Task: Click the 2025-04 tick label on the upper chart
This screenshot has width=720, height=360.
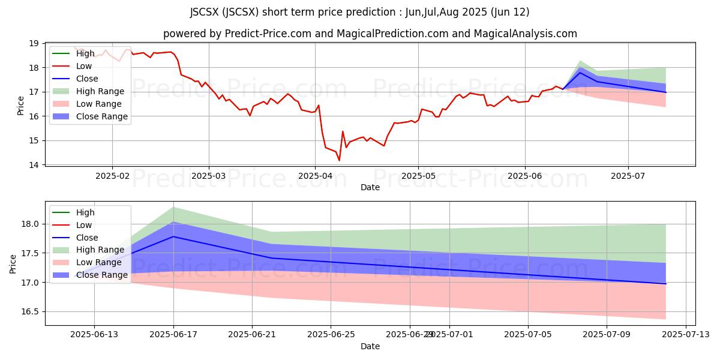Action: pos(315,176)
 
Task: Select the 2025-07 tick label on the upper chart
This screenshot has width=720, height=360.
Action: pos(628,176)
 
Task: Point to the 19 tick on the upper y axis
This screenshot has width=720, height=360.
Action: pos(33,44)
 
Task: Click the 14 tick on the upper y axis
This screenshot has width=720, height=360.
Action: pos(33,165)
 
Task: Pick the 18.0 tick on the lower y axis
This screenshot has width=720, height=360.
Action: pos(30,224)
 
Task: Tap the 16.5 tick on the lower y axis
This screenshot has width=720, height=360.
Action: pos(30,312)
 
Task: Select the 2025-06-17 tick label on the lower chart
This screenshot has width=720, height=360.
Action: pos(173,335)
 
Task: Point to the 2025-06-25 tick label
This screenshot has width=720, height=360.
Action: pos(331,335)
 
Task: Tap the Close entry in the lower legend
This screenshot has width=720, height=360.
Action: pos(87,238)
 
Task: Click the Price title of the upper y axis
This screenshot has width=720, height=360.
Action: pos(21,105)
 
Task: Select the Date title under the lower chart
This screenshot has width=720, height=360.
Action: pos(370,346)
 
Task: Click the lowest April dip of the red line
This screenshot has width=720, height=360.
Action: pos(339,160)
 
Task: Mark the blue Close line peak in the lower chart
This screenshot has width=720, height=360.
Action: pos(173,236)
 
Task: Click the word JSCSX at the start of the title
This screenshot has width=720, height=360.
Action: pos(205,12)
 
